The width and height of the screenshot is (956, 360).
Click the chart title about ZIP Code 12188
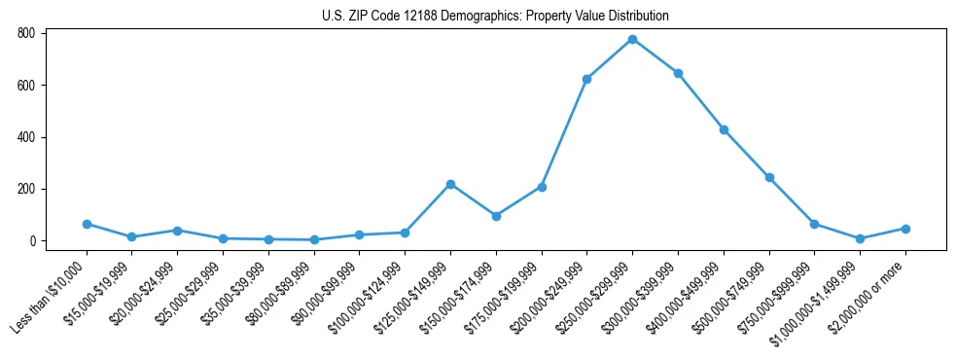(495, 17)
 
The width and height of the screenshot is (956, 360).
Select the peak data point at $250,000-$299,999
(632, 39)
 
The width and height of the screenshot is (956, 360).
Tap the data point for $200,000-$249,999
(586, 79)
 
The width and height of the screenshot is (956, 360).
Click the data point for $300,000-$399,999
(678, 73)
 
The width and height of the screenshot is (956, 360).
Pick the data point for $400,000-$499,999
(724, 129)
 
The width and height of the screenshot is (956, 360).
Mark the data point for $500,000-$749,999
(769, 177)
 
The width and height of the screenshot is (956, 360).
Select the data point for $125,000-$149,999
(450, 184)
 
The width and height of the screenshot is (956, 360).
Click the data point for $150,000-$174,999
(496, 216)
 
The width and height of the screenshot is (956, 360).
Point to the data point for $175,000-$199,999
(542, 187)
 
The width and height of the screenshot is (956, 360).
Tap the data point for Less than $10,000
(87, 224)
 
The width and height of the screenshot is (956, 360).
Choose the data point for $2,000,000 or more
(905, 229)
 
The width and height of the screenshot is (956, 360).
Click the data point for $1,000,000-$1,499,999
(860, 238)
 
